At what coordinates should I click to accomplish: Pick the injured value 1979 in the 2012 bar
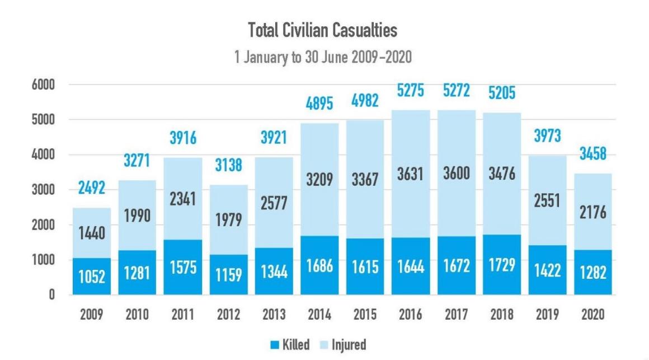pos(228,219)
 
